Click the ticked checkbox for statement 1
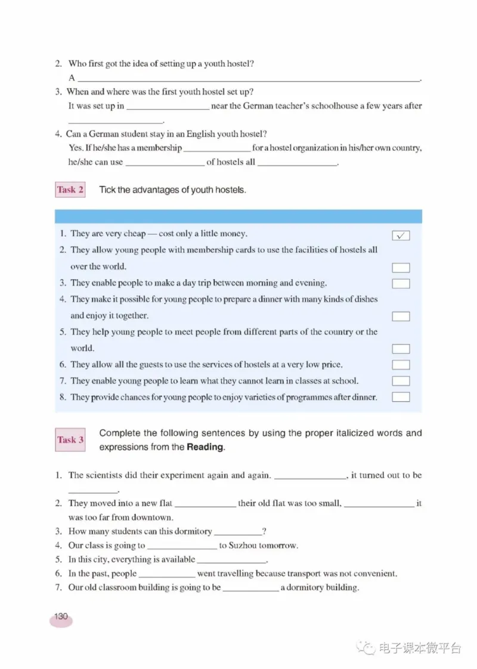[401, 236]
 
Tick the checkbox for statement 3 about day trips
[401, 283]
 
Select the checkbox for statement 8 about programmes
[401, 397]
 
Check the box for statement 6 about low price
[401, 364]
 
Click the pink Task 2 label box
[70, 190]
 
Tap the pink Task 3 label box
[70, 440]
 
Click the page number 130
[61, 617]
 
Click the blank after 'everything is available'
[231, 560]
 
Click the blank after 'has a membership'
[217, 148]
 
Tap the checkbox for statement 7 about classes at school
[401, 381]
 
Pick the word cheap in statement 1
[134, 234]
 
